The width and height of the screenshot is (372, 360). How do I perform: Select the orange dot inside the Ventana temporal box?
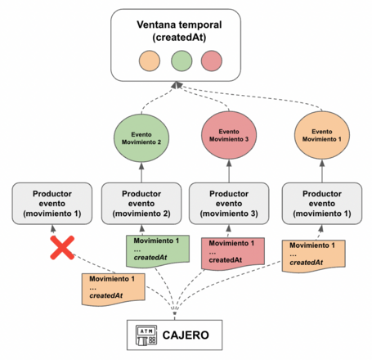tap(148, 61)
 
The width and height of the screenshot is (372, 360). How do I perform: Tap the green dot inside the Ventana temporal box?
tap(181, 61)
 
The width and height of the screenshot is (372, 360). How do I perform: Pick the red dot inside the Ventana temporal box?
tap(212, 61)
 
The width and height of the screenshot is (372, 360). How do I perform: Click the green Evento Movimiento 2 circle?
tap(141, 136)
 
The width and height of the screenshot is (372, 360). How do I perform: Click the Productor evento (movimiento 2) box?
tap(140, 202)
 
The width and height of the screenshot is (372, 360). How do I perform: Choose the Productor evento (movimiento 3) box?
tap(229, 202)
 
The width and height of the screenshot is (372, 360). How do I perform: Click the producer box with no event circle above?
tap(51, 202)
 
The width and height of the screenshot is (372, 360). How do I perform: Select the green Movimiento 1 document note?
tap(152, 250)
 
